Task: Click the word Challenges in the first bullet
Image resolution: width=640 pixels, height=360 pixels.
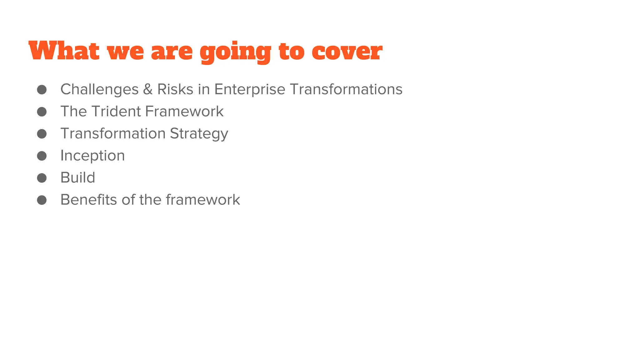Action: coord(99,90)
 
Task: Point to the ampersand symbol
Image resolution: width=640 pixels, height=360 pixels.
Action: coord(148,89)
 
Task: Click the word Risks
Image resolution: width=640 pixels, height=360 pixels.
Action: coord(175,89)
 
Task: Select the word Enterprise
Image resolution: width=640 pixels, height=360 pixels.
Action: coord(250,89)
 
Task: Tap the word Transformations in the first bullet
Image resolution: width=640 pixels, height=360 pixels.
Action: coord(346,89)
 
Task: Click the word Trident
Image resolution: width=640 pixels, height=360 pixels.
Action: coord(116,112)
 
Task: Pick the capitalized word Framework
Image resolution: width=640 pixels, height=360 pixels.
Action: coord(184,112)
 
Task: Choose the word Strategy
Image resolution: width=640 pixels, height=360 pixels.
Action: coord(199,134)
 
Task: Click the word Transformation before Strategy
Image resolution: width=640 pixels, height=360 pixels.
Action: coord(113,133)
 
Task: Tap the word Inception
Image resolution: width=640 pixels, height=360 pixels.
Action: coord(92,156)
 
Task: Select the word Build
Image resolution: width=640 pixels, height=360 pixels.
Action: coord(77,177)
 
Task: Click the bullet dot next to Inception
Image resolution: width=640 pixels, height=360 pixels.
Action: coord(42,156)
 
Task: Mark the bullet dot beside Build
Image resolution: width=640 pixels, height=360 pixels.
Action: coord(42,178)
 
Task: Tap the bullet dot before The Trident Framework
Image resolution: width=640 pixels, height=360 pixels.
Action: coord(42,112)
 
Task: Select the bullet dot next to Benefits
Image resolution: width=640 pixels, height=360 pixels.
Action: coord(42,200)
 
